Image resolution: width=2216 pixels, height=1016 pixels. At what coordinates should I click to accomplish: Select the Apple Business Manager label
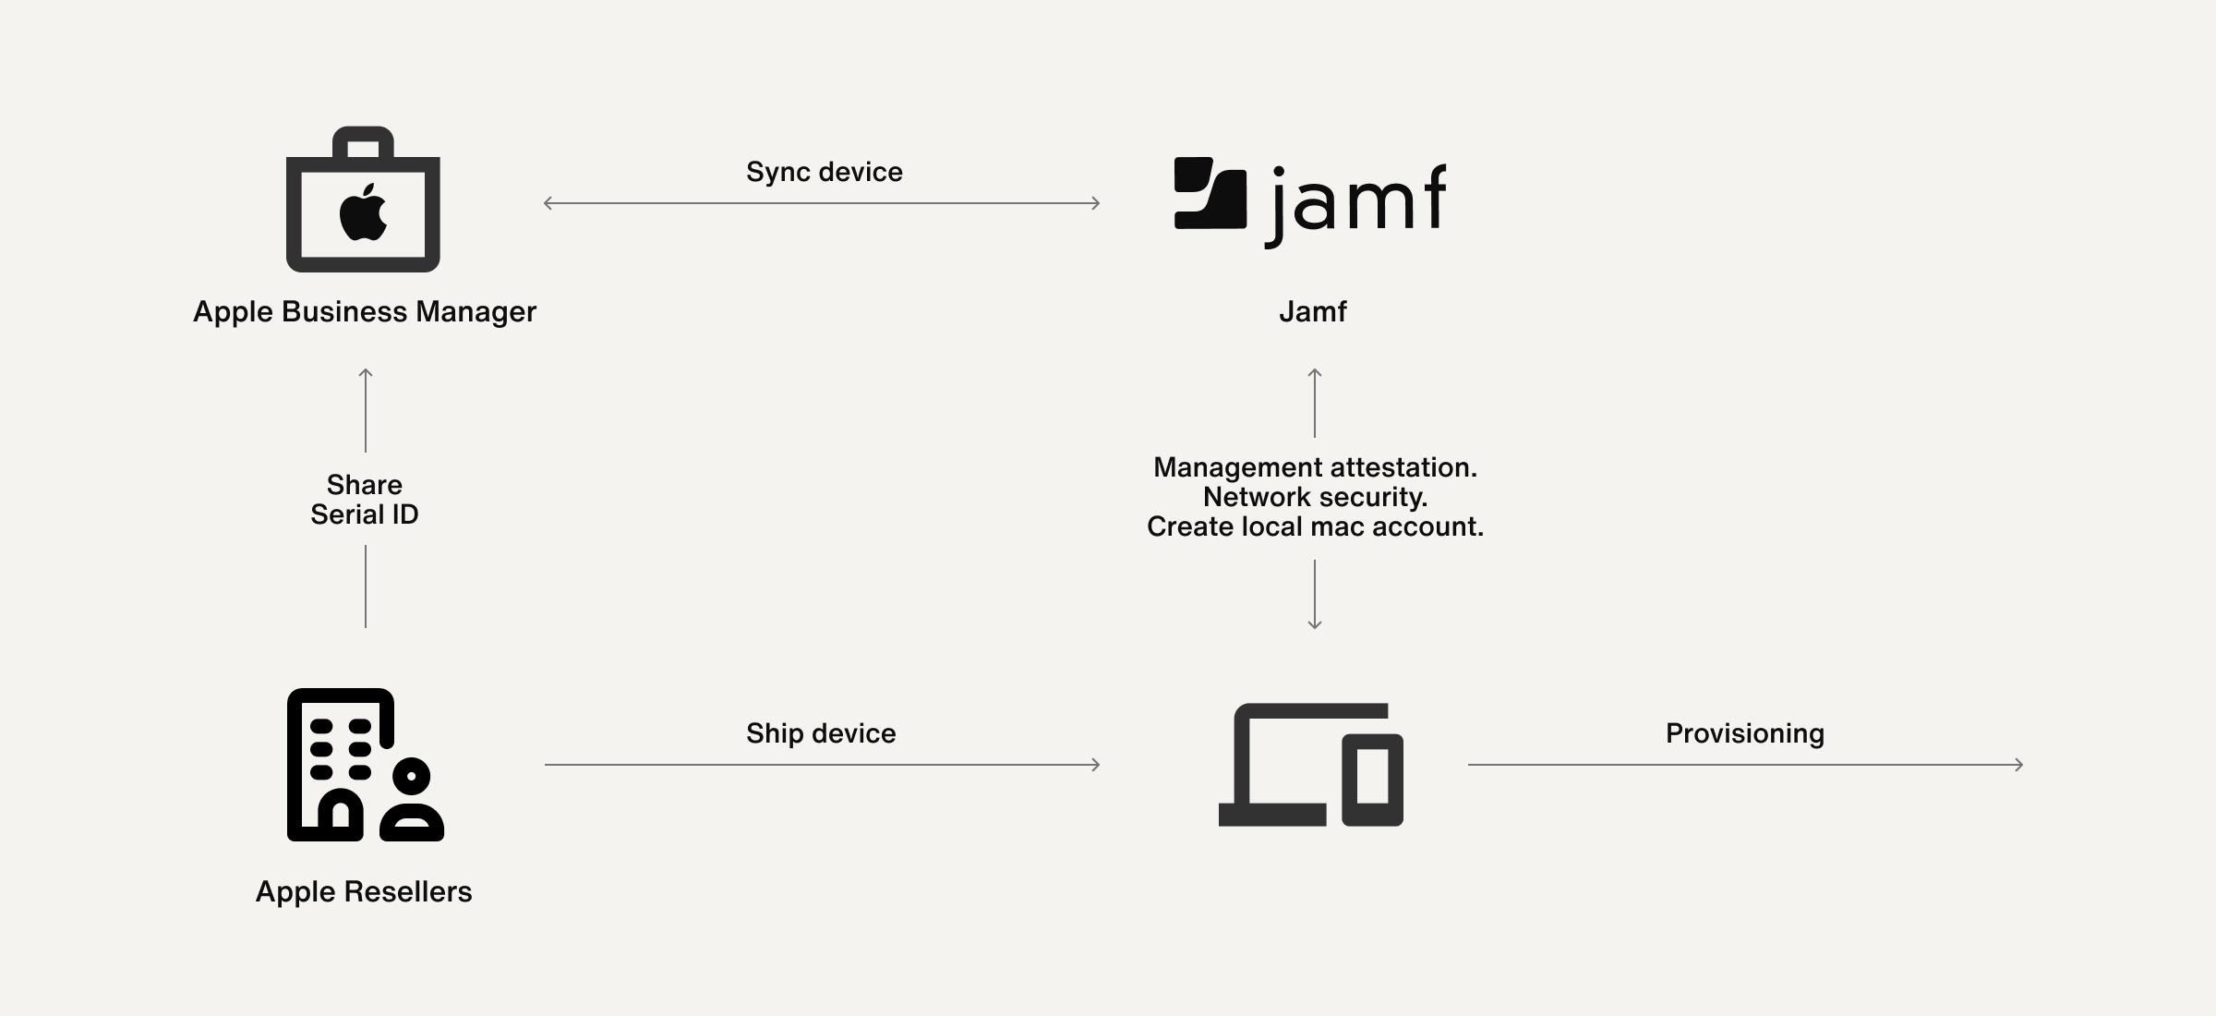[x=364, y=311]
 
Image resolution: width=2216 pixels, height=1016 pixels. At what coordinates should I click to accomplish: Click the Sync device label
[x=824, y=172]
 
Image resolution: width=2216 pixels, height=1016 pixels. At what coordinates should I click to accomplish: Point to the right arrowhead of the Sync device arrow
[x=1096, y=203]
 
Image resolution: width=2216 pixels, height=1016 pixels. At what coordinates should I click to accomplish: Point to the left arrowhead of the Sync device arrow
[x=548, y=203]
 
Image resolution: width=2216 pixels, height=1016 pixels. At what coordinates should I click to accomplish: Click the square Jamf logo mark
[x=1210, y=193]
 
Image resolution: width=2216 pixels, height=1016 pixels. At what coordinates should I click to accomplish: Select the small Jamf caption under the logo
[x=1312, y=311]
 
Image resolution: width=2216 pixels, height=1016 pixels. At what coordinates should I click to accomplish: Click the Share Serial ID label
[x=365, y=499]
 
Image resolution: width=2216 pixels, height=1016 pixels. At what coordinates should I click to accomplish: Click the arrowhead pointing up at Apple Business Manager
[x=366, y=373]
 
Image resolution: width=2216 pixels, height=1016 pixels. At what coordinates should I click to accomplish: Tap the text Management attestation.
[x=1315, y=467]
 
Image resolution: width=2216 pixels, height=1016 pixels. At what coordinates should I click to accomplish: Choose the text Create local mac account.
[x=1315, y=526]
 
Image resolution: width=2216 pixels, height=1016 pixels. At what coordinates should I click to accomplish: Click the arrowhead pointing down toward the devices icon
[x=1315, y=625]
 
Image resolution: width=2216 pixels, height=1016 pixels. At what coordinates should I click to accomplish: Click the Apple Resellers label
[x=364, y=891]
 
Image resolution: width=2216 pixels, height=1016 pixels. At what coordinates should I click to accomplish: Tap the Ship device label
[x=821, y=733]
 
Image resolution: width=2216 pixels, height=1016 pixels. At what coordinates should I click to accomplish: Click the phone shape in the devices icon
[x=1372, y=779]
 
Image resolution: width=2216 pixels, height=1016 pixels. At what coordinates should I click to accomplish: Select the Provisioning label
[x=1744, y=733]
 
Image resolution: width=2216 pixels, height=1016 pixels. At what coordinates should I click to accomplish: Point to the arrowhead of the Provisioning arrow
[x=2019, y=765]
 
